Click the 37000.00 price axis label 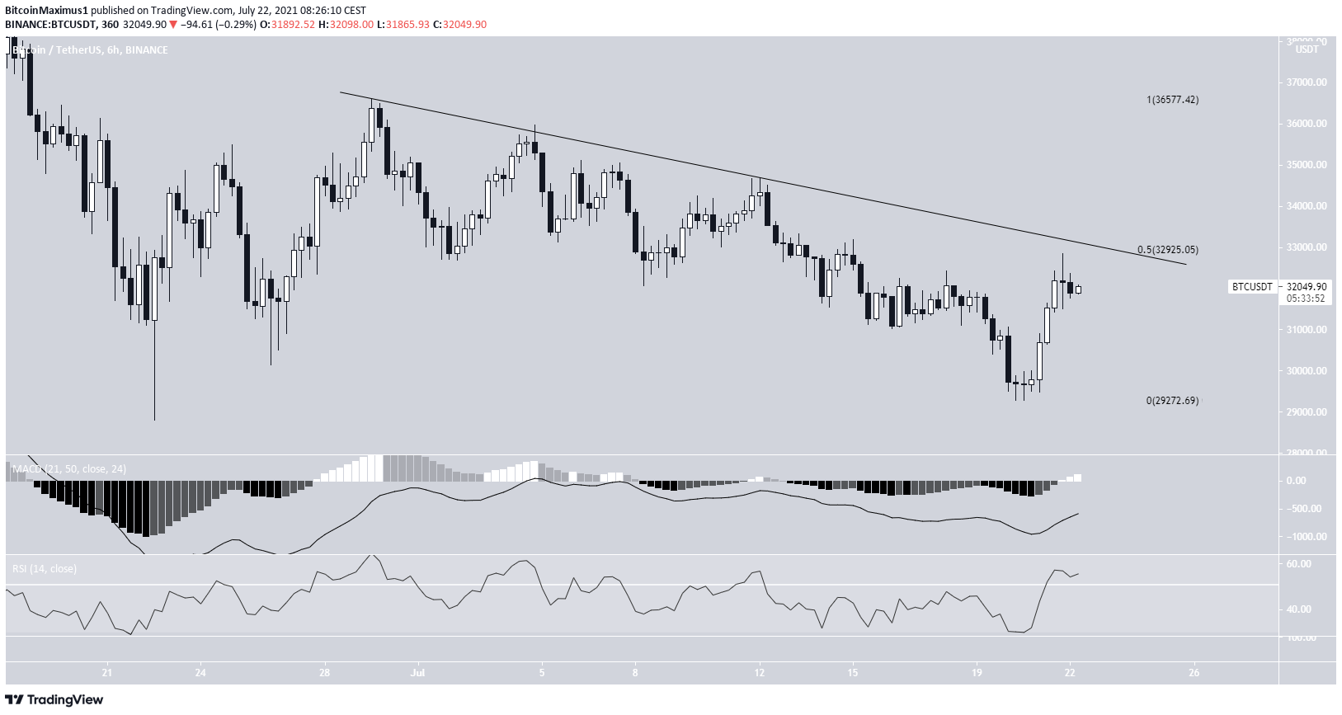1307,82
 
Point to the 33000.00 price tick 1307,247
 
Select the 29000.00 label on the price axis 1307,412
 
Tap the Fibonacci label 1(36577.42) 1172,100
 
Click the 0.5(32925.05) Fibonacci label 1167,250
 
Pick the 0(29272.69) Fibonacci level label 1172,401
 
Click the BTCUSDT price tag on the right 1251,287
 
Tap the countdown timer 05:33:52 1306,299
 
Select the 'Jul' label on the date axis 419,672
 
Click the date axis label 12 760,672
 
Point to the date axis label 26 1194,672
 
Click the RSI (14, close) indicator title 45,569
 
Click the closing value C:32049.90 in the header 464,25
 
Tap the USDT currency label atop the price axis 1307,49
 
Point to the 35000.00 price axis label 1307,165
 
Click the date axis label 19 977,672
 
